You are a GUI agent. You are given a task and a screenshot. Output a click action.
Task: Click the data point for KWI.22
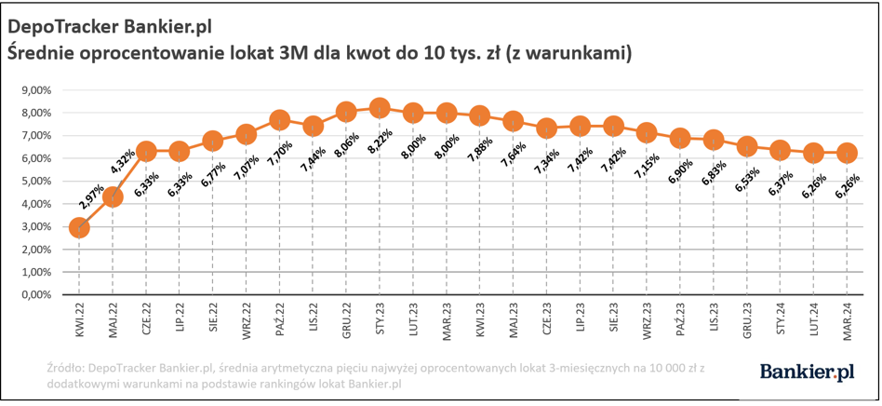point(79,228)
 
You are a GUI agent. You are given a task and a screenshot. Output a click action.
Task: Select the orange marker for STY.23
point(380,109)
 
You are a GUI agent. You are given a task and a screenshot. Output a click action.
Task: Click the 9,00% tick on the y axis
point(34,90)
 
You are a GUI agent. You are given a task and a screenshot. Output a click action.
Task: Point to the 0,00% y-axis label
point(34,294)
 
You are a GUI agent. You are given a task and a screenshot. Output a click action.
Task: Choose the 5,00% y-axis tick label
point(34,181)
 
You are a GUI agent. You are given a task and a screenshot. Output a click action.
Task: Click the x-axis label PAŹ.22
point(280,318)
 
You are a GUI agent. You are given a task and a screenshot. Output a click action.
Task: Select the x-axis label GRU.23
point(747,318)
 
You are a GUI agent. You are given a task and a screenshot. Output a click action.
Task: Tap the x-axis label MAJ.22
point(113,318)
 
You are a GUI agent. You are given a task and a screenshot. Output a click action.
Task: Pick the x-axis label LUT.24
point(814,318)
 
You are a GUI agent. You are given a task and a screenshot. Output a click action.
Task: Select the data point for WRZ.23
point(647,133)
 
